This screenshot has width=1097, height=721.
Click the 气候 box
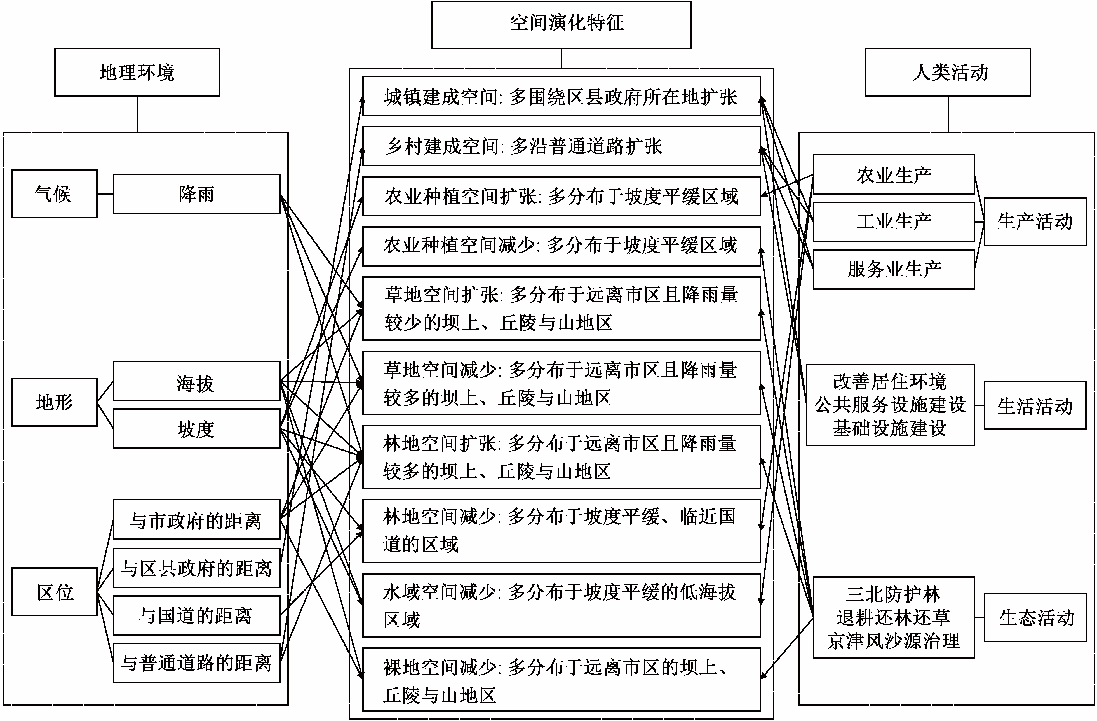pos(54,194)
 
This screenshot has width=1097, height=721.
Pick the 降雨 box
pos(196,194)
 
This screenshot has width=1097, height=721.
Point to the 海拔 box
pos(196,381)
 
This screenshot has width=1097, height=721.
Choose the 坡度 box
pos(196,429)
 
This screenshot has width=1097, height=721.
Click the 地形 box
pos(54,402)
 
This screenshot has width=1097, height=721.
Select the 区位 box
pos(54,592)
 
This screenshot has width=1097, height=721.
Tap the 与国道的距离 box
pos(196,615)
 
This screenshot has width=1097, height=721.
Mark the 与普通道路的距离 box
pos(196,663)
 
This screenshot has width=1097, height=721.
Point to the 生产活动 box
pos(1035,222)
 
